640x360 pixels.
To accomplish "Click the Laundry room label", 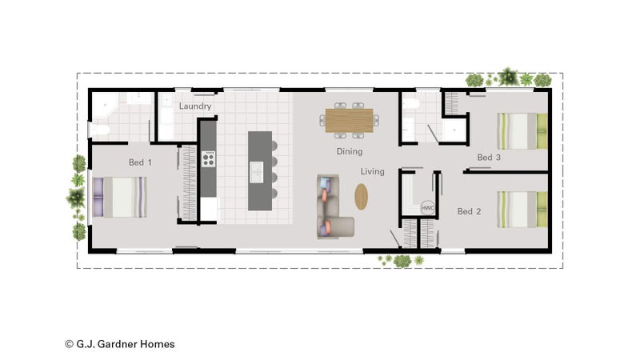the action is (195, 106).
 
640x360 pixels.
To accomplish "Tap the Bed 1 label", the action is (141, 162).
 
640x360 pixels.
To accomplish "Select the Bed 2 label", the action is (469, 211).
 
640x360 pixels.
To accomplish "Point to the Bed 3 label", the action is (489, 157).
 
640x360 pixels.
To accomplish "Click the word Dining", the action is (350, 151).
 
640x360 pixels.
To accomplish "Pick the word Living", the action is (372, 171).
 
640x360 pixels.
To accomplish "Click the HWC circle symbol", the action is (427, 208).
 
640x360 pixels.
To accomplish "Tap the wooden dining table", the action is (349, 121).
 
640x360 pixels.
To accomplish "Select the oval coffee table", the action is (362, 197).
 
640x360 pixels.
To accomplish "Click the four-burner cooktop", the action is (209, 158).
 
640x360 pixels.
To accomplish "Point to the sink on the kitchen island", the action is (257, 172).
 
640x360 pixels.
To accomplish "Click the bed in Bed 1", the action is (119, 197).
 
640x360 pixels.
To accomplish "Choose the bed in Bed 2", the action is (522, 210).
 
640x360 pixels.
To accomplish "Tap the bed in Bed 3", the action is (522, 131).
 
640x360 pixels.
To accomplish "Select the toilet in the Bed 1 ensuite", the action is (99, 130).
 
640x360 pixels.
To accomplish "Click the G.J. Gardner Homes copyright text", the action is (119, 344).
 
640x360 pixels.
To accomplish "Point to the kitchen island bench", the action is (260, 170).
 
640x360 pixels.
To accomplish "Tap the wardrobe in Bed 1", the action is (188, 183).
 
